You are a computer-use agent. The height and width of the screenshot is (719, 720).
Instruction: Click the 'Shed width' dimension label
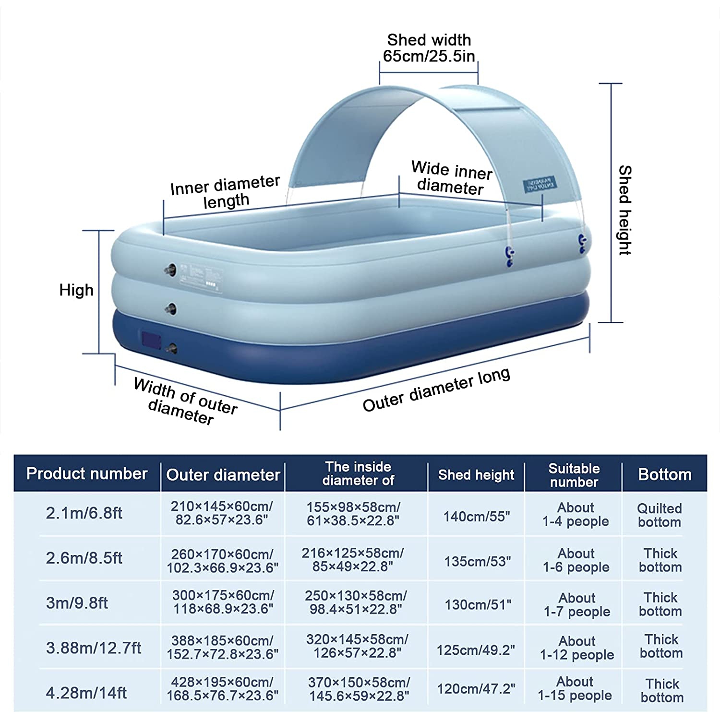coord(429,40)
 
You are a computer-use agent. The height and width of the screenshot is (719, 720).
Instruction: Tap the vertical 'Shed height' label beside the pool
coord(624,210)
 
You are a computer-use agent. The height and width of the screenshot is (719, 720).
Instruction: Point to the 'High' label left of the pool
coord(76,290)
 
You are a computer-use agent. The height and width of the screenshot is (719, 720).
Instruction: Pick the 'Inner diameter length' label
coord(225,191)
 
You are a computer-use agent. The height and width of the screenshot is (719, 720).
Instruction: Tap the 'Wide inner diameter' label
coord(451,178)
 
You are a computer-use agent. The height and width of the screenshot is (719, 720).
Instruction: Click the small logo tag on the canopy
coord(540,184)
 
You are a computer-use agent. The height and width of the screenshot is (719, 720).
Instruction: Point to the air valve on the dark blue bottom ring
coord(171,348)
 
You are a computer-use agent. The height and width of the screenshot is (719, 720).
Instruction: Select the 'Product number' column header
coord(87,474)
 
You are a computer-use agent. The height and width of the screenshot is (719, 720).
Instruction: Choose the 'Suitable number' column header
coord(574,475)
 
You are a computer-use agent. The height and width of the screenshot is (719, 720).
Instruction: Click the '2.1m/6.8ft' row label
coord(84,513)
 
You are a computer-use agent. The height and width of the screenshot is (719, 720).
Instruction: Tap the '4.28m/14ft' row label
coord(86,693)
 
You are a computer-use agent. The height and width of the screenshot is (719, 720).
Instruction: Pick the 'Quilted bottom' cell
coord(659,515)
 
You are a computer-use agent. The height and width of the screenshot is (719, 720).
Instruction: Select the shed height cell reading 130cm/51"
coord(478,605)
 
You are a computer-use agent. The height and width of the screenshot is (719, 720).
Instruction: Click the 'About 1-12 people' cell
coord(576,648)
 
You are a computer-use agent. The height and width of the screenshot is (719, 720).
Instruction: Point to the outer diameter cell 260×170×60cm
coord(222,561)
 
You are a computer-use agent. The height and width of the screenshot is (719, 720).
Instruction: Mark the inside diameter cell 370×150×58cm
coord(359,689)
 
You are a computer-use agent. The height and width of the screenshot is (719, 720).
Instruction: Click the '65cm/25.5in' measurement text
coord(429,56)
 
